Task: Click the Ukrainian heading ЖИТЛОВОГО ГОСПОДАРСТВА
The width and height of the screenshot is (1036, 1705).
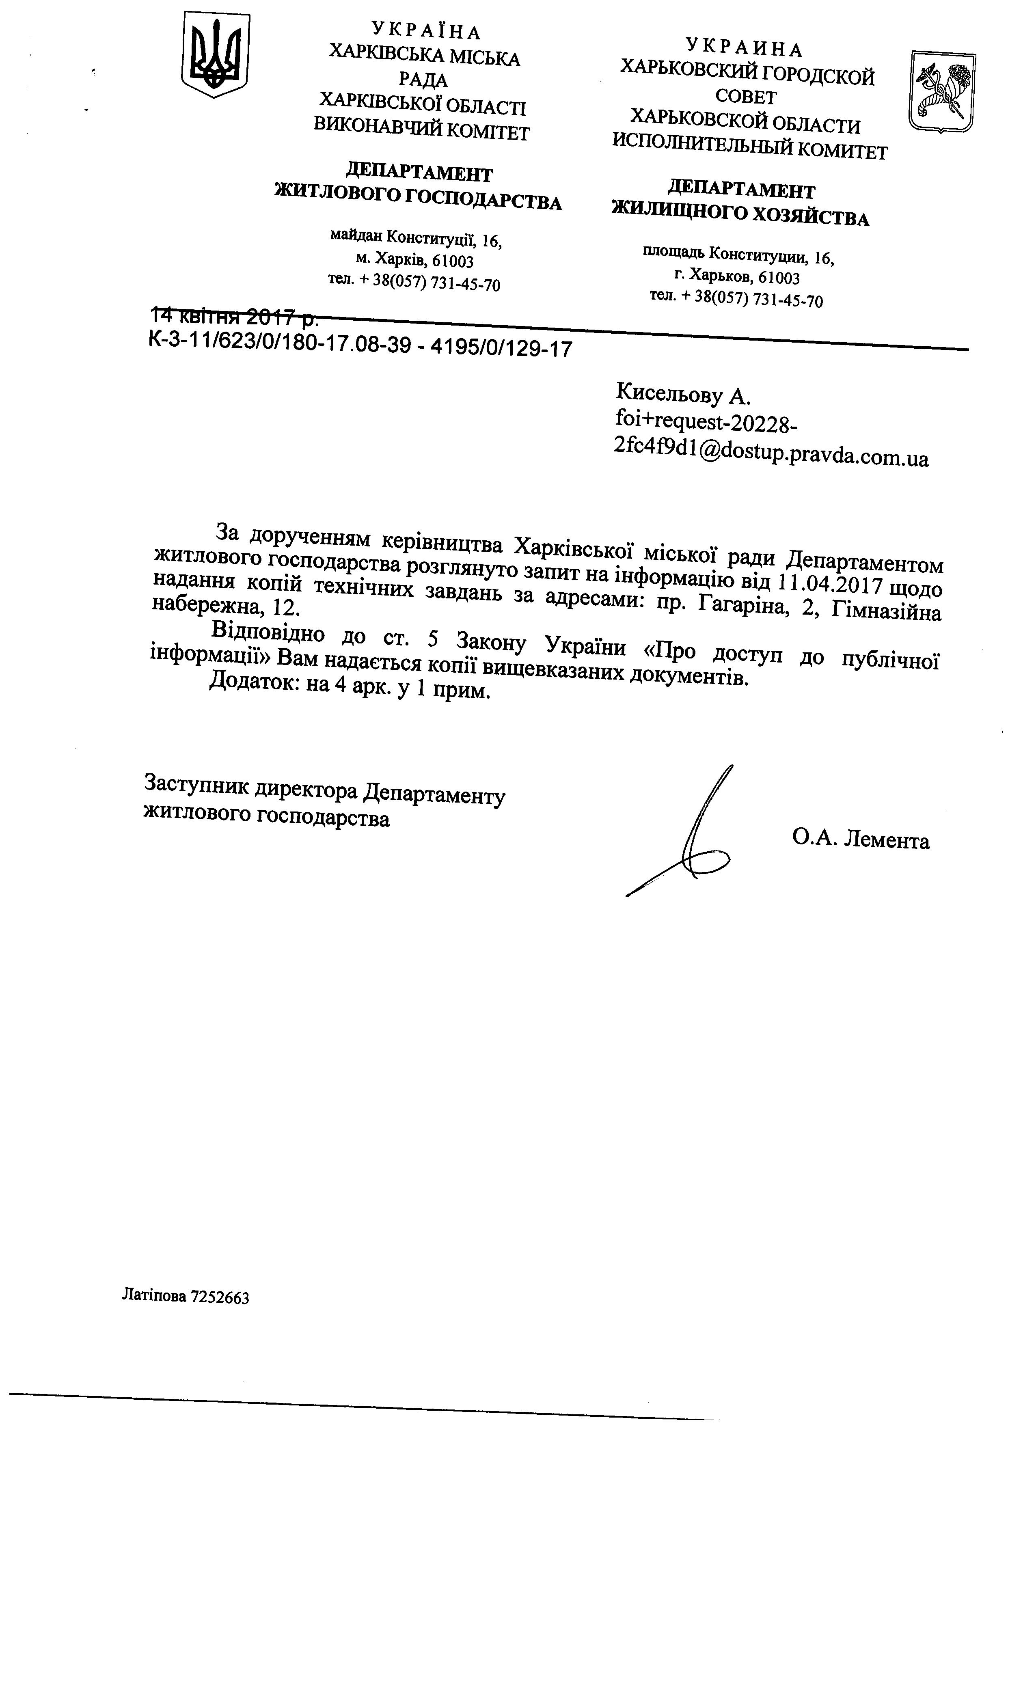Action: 418,198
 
